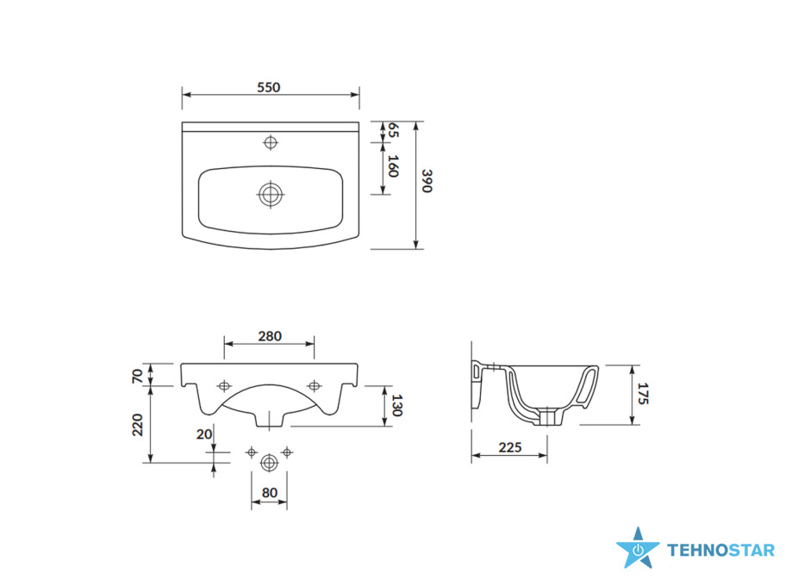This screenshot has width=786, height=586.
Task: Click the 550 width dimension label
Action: [269, 87]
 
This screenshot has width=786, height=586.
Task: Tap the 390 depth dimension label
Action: [427, 181]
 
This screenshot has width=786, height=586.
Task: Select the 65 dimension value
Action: [393, 130]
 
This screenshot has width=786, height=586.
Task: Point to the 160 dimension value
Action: [393, 166]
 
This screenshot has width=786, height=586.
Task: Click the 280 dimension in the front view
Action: [270, 336]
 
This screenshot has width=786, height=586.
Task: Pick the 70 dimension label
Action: [137, 376]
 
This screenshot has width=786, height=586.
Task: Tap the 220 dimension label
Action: [137, 425]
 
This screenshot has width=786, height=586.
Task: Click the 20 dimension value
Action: [204, 434]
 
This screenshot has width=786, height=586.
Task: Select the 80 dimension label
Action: [269, 493]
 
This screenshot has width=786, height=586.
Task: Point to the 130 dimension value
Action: [397, 406]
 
